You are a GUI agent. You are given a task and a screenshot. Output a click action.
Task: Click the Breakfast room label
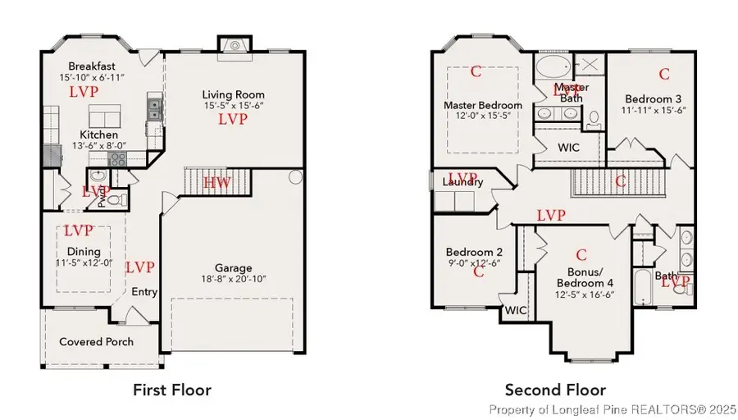(91, 66)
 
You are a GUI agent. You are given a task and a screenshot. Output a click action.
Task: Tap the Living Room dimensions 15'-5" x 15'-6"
(234, 107)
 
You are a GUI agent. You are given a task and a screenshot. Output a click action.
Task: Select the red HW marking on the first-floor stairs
(216, 182)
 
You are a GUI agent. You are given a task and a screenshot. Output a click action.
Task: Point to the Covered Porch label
(97, 341)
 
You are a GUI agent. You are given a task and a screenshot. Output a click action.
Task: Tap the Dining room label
(84, 252)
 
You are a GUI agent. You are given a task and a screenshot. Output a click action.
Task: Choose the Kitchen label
(98, 135)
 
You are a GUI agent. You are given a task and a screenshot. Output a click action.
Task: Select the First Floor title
(172, 390)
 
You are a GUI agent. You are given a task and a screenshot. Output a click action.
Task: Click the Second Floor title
(555, 390)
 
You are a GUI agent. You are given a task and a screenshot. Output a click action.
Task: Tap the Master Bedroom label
(483, 106)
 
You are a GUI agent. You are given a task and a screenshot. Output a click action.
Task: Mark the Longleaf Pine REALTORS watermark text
(612, 409)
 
